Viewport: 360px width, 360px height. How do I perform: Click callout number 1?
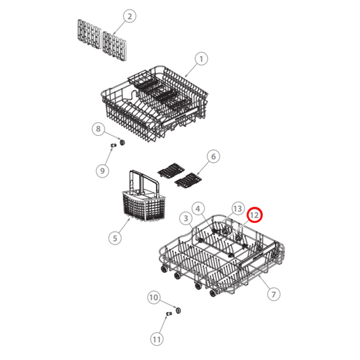(201, 59)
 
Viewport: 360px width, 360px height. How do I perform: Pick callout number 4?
(198, 209)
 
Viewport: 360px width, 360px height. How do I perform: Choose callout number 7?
(274, 294)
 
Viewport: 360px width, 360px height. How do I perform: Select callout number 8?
(98, 128)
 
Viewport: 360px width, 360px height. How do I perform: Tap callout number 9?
(103, 170)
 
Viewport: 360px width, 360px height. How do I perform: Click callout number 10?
(153, 297)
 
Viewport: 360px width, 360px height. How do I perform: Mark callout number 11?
(157, 338)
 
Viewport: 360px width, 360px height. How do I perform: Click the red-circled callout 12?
(255, 215)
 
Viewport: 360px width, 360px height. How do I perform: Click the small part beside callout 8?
(122, 142)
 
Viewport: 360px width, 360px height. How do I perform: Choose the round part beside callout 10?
(179, 309)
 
